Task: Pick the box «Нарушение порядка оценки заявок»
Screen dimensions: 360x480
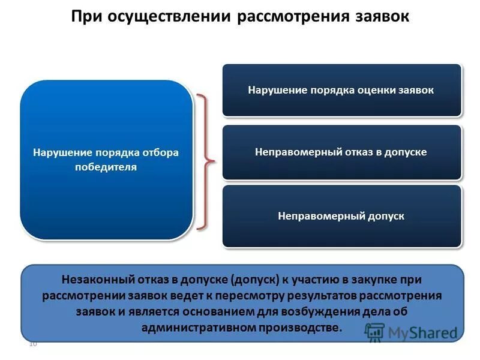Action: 341,90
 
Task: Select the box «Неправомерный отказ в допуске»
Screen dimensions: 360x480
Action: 341,152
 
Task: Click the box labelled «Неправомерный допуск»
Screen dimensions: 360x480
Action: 341,215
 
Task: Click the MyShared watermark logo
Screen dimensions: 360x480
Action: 411,332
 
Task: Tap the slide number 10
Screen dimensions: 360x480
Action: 33,344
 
